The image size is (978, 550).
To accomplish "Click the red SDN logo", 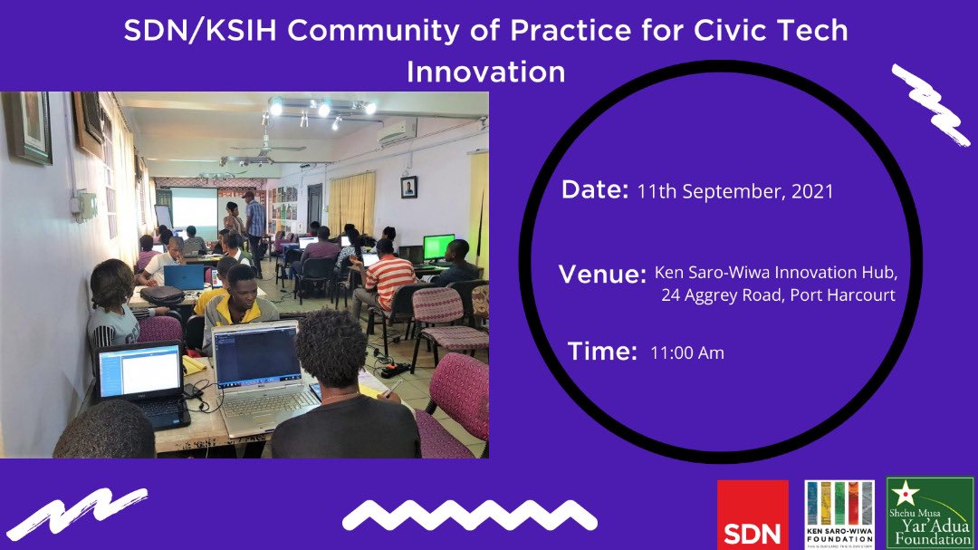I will pyautogui.click(x=753, y=514).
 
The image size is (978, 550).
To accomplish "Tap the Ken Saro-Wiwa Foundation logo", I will pyautogui.click(x=839, y=514).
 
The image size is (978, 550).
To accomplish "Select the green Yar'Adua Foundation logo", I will pyautogui.click(x=930, y=513).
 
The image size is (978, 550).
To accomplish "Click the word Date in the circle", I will pyautogui.click(x=594, y=190).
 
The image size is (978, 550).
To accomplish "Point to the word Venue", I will pyautogui.click(x=602, y=274).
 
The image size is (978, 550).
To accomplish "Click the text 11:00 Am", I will pyautogui.click(x=686, y=353).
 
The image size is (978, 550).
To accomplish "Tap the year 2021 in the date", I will pyautogui.click(x=811, y=192).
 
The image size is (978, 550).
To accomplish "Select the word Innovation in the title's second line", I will pyautogui.click(x=485, y=71).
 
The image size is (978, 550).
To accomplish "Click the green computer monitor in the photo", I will pyautogui.click(x=438, y=246).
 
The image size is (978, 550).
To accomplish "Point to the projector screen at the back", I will pyautogui.click(x=194, y=207).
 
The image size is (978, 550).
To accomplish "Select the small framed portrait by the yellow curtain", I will pyautogui.click(x=408, y=188).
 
